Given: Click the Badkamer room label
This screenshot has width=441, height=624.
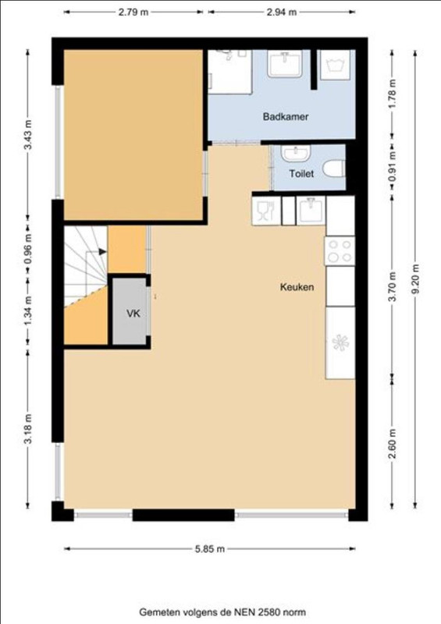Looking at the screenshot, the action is tap(285, 116).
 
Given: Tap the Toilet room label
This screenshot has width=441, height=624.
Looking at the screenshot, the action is tap(301, 173).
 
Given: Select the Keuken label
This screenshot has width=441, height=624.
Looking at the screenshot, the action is tap(297, 287).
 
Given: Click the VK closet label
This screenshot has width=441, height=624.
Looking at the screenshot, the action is tap(133, 314).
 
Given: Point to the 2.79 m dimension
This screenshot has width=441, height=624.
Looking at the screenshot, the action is tap(133, 12).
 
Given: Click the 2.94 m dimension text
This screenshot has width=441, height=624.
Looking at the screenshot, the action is tap(281, 12).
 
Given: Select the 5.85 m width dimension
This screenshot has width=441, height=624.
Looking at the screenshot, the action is tap(209, 549).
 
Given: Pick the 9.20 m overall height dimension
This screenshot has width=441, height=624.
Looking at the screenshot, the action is tap(415, 279).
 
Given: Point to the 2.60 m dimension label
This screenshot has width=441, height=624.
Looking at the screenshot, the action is tap(393, 443).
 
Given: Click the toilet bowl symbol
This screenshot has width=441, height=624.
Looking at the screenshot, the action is tap(334, 168).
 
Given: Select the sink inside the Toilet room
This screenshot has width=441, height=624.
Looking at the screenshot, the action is tap(296, 153).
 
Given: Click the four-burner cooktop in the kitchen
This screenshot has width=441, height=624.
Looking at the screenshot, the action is tap(340, 250).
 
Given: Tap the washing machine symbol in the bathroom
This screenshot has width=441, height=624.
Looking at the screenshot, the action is tap(335, 65).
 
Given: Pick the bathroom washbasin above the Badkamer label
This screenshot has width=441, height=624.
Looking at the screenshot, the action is tap(284, 63).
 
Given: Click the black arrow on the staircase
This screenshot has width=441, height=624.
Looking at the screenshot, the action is tap(103, 251).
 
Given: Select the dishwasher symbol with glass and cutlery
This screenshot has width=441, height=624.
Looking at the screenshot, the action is tap(266, 211).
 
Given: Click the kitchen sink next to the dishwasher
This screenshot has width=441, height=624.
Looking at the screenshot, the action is tap(311, 211).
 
